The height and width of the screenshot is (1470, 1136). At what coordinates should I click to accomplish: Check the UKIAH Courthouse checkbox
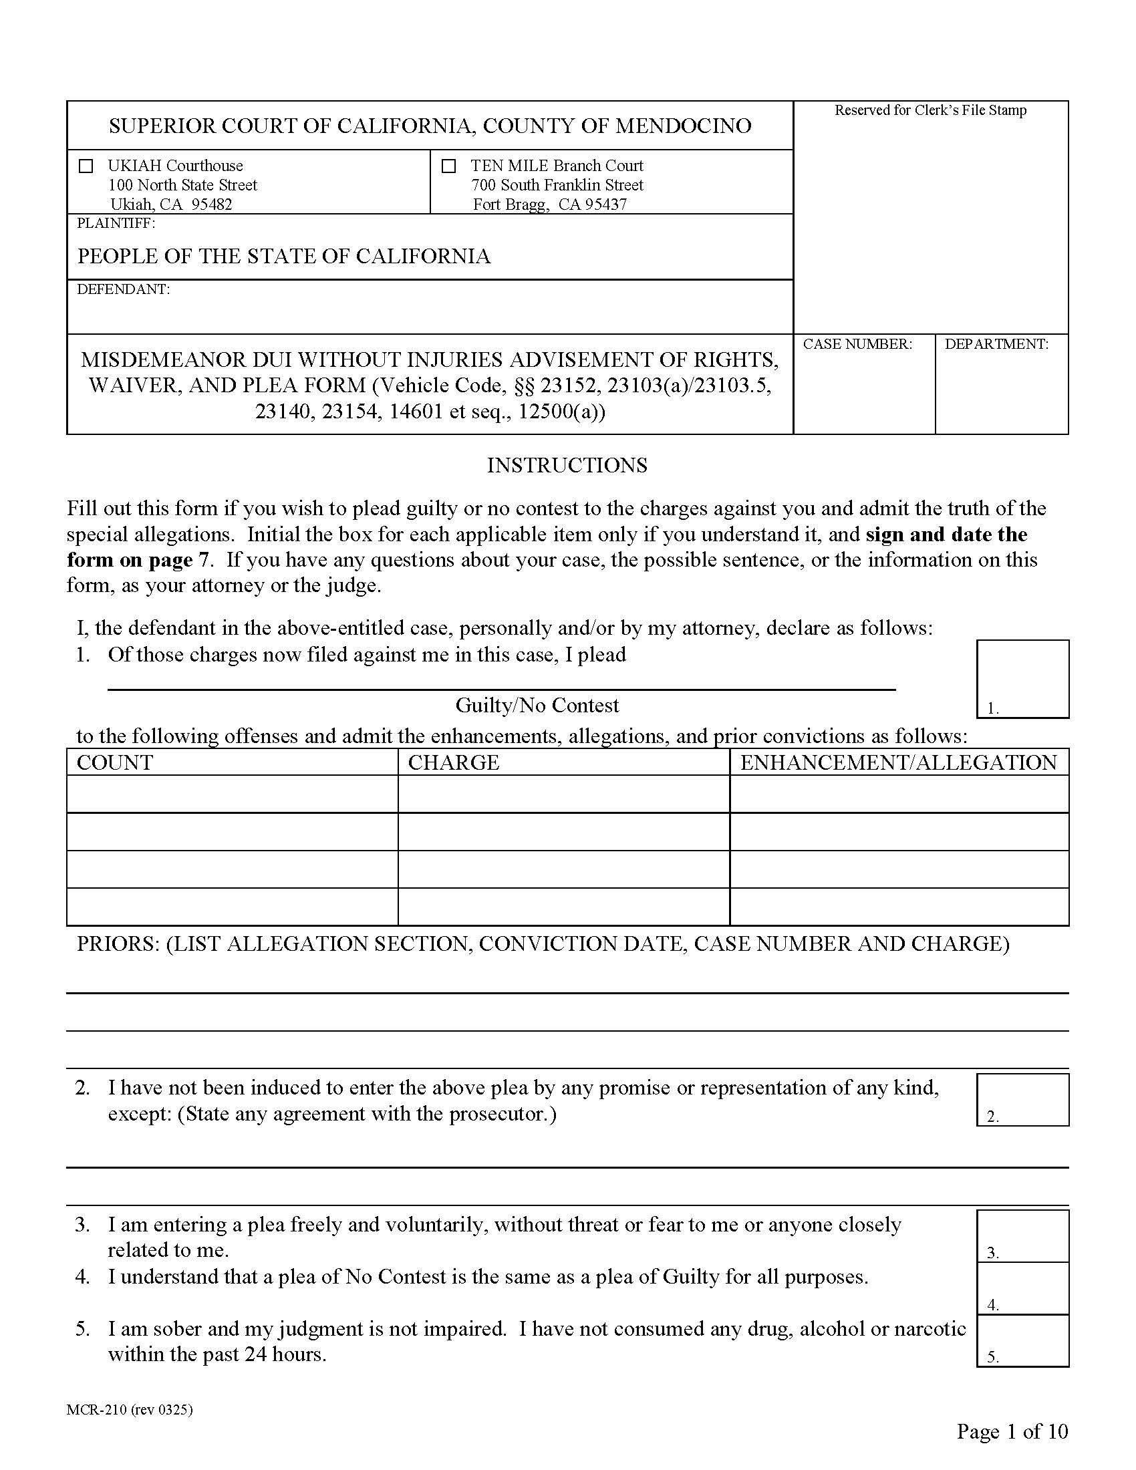point(86,166)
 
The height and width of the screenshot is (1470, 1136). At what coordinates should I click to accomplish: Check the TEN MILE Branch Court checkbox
point(449,166)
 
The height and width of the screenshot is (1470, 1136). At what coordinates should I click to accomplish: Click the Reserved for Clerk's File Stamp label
point(930,110)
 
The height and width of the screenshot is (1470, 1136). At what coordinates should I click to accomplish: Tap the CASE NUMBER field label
point(857,344)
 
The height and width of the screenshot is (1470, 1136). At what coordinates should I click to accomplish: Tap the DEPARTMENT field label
point(996,344)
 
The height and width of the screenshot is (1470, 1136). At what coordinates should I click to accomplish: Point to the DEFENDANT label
point(123,289)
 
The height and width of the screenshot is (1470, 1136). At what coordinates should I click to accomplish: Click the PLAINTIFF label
point(116,223)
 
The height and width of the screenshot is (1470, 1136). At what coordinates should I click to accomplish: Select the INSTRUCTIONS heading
point(567,465)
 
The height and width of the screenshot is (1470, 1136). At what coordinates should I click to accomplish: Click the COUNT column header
point(115,762)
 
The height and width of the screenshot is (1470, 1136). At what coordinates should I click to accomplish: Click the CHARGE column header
point(454,762)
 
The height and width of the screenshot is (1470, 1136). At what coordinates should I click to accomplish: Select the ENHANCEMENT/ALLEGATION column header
point(898,762)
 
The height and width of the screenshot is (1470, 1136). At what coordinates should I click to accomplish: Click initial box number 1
point(1022,678)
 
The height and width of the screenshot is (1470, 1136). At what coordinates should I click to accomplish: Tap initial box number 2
point(1022,1099)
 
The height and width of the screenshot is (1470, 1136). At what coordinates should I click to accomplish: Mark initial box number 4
point(1022,1288)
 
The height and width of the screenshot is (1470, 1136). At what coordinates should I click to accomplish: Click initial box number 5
point(1022,1340)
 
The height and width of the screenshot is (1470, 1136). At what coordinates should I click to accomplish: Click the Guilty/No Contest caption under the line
point(537,706)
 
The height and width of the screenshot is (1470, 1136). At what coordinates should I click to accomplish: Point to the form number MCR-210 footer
point(129,1409)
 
